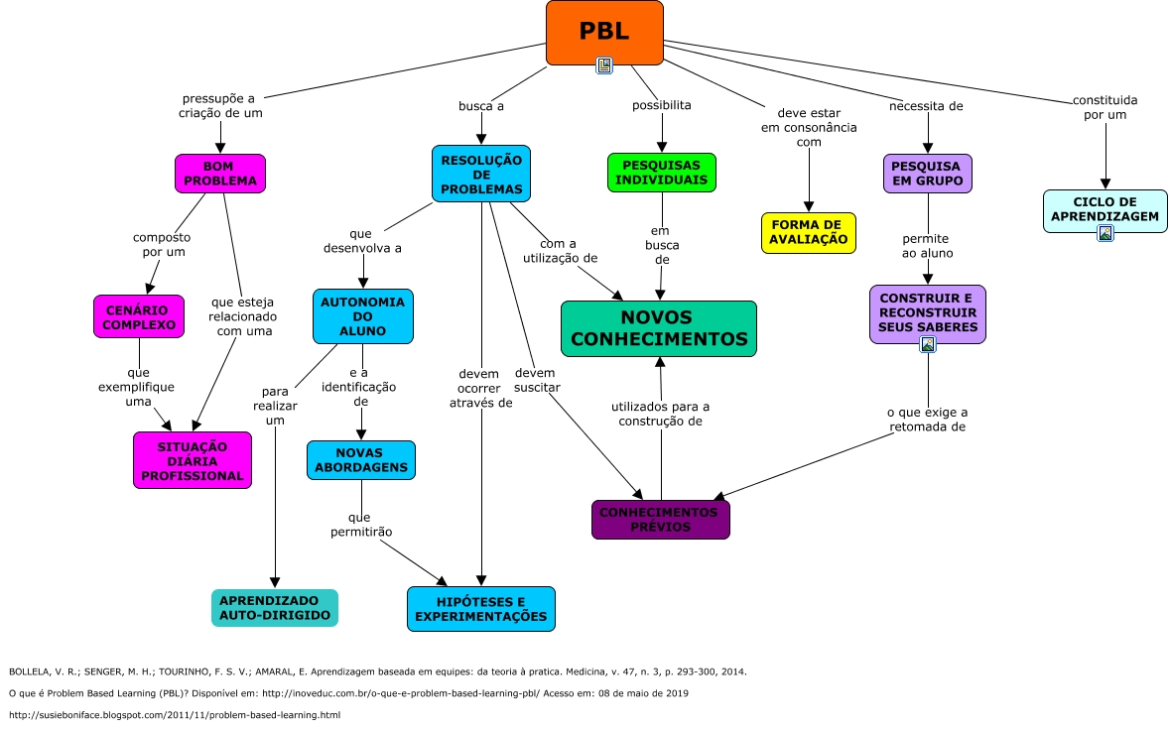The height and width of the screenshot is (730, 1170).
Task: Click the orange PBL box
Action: (604, 32)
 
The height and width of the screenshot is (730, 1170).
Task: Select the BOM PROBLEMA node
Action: (220, 174)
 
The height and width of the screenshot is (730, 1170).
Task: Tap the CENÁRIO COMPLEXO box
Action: (139, 316)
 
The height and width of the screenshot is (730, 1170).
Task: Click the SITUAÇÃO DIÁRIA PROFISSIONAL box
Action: (193, 461)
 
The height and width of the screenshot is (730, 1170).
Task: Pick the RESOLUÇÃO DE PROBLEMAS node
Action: (481, 174)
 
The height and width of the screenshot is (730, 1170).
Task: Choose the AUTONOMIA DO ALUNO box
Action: (362, 316)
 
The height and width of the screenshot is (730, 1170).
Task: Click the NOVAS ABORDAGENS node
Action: (360, 460)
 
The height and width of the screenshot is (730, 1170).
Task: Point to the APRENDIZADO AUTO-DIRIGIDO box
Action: (275, 608)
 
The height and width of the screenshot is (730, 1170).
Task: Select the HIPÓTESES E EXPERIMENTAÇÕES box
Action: (481, 609)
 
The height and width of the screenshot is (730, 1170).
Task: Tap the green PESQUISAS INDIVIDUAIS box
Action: (662, 173)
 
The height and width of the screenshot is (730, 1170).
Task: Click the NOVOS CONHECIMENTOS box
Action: (659, 328)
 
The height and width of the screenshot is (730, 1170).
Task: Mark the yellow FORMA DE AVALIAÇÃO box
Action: (809, 232)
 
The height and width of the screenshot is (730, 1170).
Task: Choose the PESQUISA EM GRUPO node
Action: (928, 174)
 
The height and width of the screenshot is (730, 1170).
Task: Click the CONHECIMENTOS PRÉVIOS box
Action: (660, 520)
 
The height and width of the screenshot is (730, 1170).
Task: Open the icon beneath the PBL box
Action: (604, 65)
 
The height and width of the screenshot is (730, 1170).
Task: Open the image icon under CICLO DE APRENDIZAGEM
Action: (1105, 233)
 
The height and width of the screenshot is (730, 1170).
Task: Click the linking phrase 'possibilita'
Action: (662, 105)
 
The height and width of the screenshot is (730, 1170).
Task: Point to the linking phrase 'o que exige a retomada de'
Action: (927, 420)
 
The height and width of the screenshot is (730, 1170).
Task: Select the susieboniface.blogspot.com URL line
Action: (175, 715)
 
